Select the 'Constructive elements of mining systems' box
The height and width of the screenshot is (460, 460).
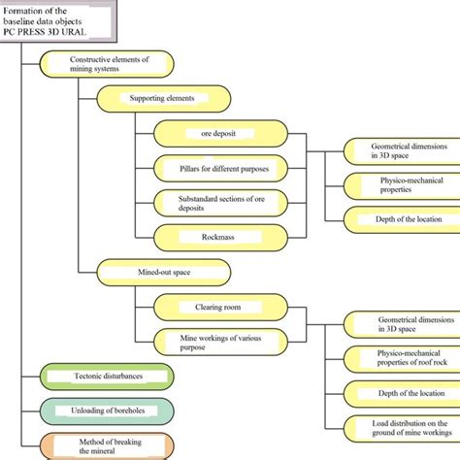[x=107, y=64]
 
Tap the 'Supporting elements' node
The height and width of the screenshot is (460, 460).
[x=161, y=98]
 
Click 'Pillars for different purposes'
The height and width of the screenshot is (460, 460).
[x=217, y=168]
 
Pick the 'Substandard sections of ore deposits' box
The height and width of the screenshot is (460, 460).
[x=217, y=202]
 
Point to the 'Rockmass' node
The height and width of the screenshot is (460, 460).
[x=217, y=235]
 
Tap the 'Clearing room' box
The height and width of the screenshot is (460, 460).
[x=217, y=307]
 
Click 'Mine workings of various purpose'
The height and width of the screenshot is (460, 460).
[x=217, y=341]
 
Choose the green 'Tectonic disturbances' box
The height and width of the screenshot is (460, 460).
[x=107, y=376]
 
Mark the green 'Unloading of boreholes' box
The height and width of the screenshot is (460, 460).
[x=107, y=410]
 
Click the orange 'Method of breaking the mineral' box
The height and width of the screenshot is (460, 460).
[x=107, y=444]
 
